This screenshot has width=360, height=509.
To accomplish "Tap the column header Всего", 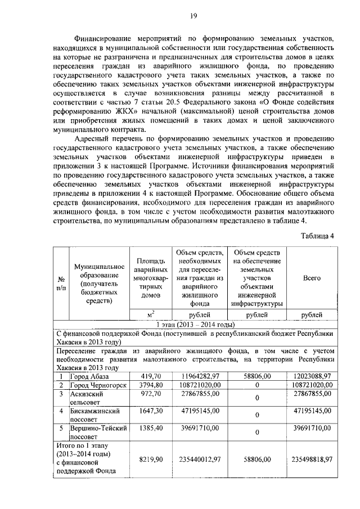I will pyautogui.click(x=312, y=278).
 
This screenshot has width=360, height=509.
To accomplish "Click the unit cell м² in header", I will pyautogui.click(x=150, y=314).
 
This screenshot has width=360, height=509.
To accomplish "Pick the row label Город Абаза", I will pyautogui.click(x=90, y=375).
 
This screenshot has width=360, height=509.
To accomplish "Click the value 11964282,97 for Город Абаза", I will pyautogui.click(x=196, y=375).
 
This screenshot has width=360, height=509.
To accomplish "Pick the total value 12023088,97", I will pyautogui.click(x=312, y=375).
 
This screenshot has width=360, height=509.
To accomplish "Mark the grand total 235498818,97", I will pyautogui.click(x=312, y=460).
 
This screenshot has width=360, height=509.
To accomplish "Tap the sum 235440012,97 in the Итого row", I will pyautogui.click(x=196, y=460).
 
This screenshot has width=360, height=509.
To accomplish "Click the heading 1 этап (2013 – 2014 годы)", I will pyautogui.click(x=194, y=324).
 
